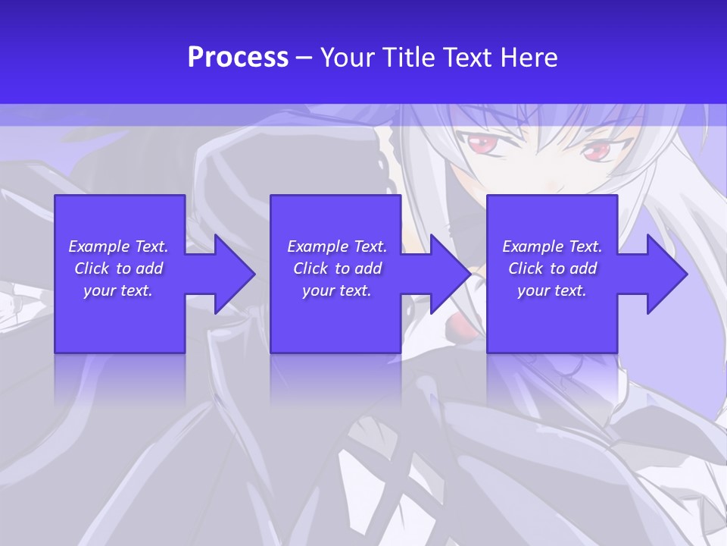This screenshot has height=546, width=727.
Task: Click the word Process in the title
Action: click(x=238, y=58)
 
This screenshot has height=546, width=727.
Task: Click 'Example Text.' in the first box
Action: click(x=118, y=246)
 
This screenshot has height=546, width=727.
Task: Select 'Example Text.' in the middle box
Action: click(x=337, y=246)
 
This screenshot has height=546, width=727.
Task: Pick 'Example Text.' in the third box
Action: click(x=552, y=246)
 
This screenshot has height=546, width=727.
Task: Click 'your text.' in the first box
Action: click(x=118, y=290)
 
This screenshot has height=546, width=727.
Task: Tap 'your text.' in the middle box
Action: click(x=337, y=290)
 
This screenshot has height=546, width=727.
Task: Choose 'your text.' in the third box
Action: click(x=552, y=290)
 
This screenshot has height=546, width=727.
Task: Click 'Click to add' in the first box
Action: click(x=118, y=268)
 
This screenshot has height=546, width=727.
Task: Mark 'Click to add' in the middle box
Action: click(x=337, y=268)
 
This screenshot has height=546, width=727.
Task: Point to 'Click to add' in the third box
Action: click(x=552, y=268)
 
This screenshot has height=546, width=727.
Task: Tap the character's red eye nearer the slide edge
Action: click(x=594, y=152)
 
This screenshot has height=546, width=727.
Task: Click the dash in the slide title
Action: click(x=304, y=58)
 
